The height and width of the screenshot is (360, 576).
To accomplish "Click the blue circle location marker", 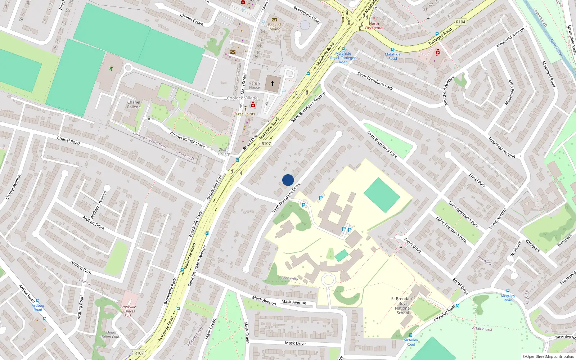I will point(288,180).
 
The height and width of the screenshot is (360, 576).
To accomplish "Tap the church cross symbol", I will point(273,84).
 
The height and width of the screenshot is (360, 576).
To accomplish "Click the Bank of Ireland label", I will point(274,27).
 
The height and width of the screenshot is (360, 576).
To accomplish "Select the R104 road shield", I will point(460,22).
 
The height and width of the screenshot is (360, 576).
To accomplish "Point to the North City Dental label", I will point(374,26).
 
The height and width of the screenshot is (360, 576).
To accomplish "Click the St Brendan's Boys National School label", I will point(403,306).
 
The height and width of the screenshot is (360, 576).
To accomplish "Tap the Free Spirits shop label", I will point(246,114).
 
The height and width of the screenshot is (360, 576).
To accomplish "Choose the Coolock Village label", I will point(242,98).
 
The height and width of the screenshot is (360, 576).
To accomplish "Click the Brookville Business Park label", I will point(128,311).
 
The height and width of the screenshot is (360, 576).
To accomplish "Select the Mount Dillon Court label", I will point(111,334).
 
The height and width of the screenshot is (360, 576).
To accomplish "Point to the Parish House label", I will point(255,85).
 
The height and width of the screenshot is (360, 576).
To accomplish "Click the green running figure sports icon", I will point(111,68).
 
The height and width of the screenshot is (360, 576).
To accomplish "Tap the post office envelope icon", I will point(233,52).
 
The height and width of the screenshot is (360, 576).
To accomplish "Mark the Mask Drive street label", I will point(295,343).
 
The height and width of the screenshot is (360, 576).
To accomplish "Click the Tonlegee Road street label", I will point(440,37).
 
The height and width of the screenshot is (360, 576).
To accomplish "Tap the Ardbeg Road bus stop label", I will point(38,307).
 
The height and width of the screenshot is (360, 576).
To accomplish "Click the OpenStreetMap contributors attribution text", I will point(548,356).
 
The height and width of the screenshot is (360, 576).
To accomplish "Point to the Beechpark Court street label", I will point(307,15).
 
